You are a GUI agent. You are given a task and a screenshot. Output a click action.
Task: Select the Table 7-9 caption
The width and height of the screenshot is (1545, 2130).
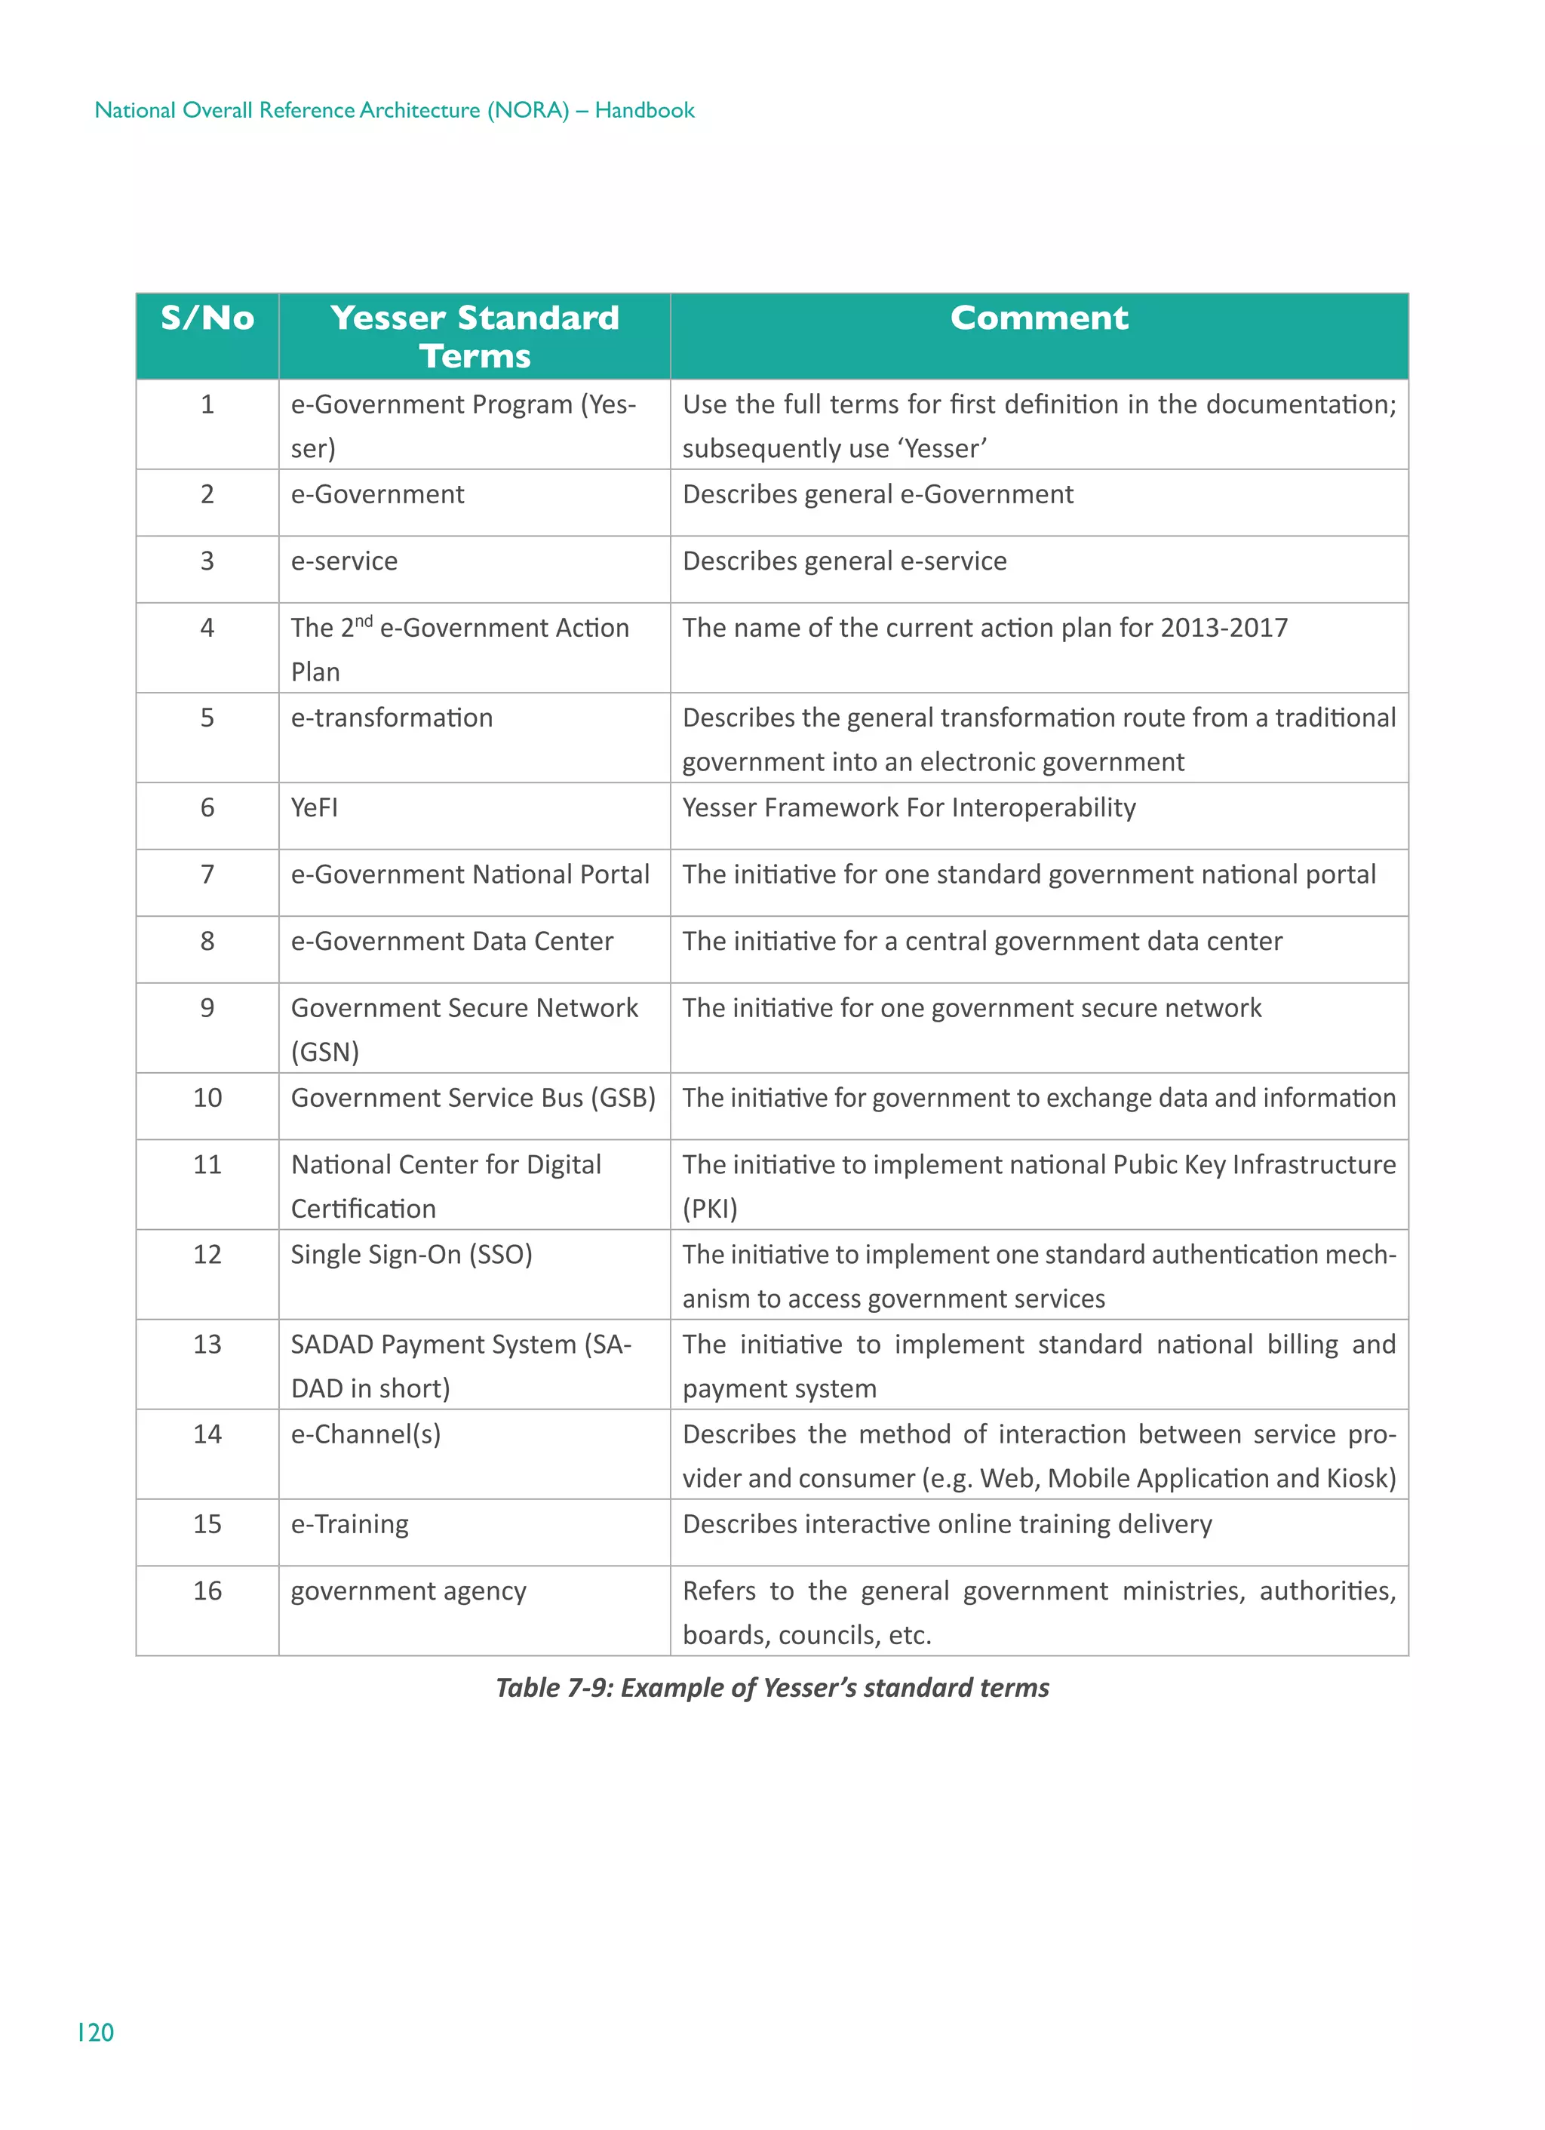coord(772,1688)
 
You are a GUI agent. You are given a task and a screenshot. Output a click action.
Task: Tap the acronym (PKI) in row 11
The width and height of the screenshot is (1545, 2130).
coord(710,1209)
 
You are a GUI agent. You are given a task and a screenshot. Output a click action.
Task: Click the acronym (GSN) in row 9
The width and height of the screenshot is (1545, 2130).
coord(325,1052)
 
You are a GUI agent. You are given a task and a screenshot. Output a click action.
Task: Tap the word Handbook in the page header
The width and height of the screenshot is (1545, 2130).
coord(644,110)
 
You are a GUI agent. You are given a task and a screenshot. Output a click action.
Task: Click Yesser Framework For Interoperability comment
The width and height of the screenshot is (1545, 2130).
coord(908,807)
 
